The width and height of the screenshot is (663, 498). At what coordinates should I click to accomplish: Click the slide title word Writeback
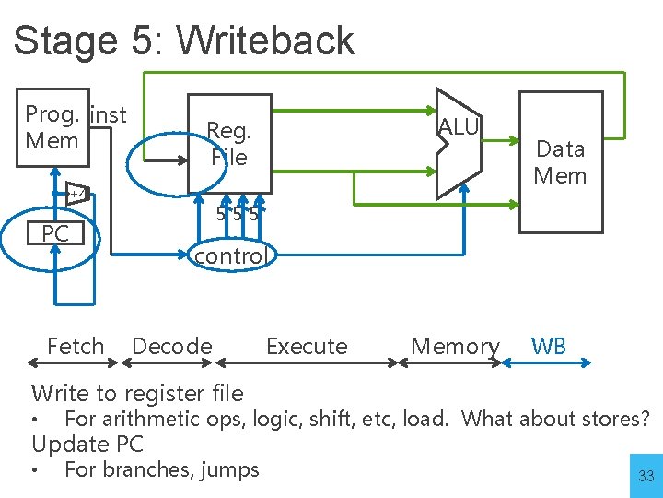(x=264, y=41)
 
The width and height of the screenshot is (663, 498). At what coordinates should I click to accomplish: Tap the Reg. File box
(x=228, y=144)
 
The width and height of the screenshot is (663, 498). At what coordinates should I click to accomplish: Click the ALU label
(x=459, y=127)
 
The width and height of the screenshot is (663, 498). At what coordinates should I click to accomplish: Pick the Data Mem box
(x=561, y=160)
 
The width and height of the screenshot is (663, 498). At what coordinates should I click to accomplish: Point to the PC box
(x=55, y=234)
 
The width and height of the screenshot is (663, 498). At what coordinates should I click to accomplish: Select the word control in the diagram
(x=229, y=255)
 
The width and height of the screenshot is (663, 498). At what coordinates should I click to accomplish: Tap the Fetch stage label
(x=76, y=347)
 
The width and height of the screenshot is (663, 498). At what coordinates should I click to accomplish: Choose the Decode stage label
(x=172, y=347)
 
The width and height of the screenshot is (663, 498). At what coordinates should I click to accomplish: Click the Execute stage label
(x=307, y=347)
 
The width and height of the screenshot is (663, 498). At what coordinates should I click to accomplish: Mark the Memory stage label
(x=455, y=347)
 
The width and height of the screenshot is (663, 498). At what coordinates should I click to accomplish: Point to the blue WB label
(x=549, y=347)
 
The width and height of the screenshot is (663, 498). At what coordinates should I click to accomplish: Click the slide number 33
(x=646, y=477)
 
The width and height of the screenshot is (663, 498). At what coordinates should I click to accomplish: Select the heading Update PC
(x=87, y=444)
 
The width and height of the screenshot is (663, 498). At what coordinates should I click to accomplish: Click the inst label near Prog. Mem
(x=110, y=115)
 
